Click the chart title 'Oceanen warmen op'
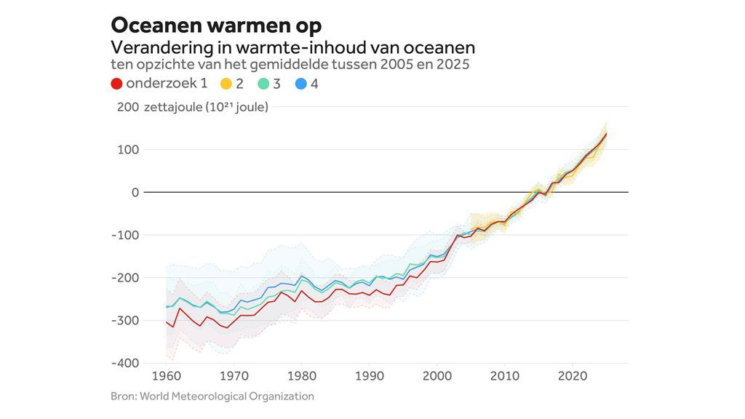(216, 25)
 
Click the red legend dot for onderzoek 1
(116, 84)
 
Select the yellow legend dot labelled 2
(226, 84)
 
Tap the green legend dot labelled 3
(263, 84)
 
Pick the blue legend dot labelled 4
(300, 84)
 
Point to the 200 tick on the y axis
(127, 108)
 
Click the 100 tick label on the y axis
(127, 150)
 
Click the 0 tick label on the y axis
(134, 193)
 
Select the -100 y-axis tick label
(124, 235)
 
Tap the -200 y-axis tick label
(124, 278)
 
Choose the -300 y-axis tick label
(124, 321)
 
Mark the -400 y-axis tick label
(124, 363)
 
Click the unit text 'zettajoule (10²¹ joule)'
(206, 108)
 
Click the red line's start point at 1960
(167, 322)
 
